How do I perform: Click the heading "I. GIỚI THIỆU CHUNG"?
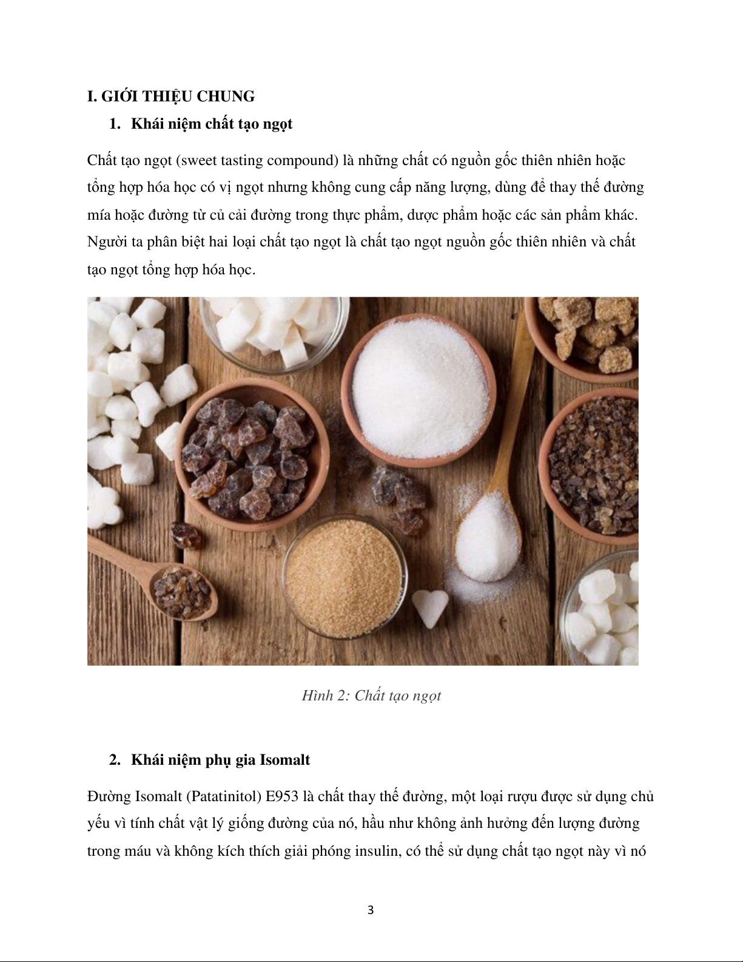tap(170, 97)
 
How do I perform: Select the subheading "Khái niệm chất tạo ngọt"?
tap(212, 124)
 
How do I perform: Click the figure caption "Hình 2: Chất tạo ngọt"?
tap(371, 696)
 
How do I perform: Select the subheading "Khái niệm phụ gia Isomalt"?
tap(221, 760)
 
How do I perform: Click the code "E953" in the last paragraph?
tap(282, 796)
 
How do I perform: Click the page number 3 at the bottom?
tap(371, 910)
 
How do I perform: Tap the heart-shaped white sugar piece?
tap(430, 608)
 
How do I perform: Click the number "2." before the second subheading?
tap(115, 760)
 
